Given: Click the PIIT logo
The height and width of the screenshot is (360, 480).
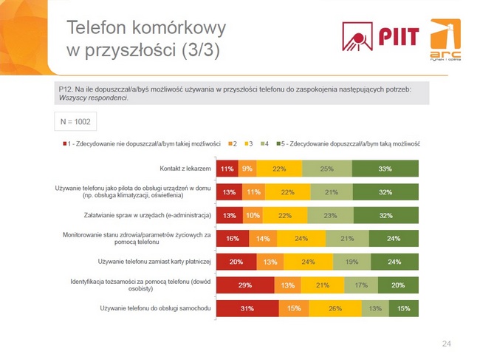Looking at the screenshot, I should (x=380, y=35).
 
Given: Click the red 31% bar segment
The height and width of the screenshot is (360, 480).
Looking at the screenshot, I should (x=247, y=308).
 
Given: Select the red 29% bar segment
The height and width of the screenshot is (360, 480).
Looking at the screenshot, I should (x=244, y=285).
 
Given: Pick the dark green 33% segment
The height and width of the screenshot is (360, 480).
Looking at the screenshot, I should (x=385, y=169).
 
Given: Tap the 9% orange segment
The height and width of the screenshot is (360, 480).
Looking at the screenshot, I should (x=247, y=169).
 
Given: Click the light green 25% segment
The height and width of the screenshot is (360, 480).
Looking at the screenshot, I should (x=326, y=169).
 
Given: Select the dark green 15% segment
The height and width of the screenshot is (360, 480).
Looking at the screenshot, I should (x=403, y=308).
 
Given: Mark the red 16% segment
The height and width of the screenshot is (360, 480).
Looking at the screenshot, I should (x=232, y=238).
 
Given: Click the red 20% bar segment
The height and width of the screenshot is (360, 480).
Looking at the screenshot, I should (x=236, y=262).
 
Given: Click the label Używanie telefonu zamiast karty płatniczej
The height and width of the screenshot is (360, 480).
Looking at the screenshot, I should (x=155, y=261).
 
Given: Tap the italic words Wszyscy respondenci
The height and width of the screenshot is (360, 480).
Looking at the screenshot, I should (x=92, y=98).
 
